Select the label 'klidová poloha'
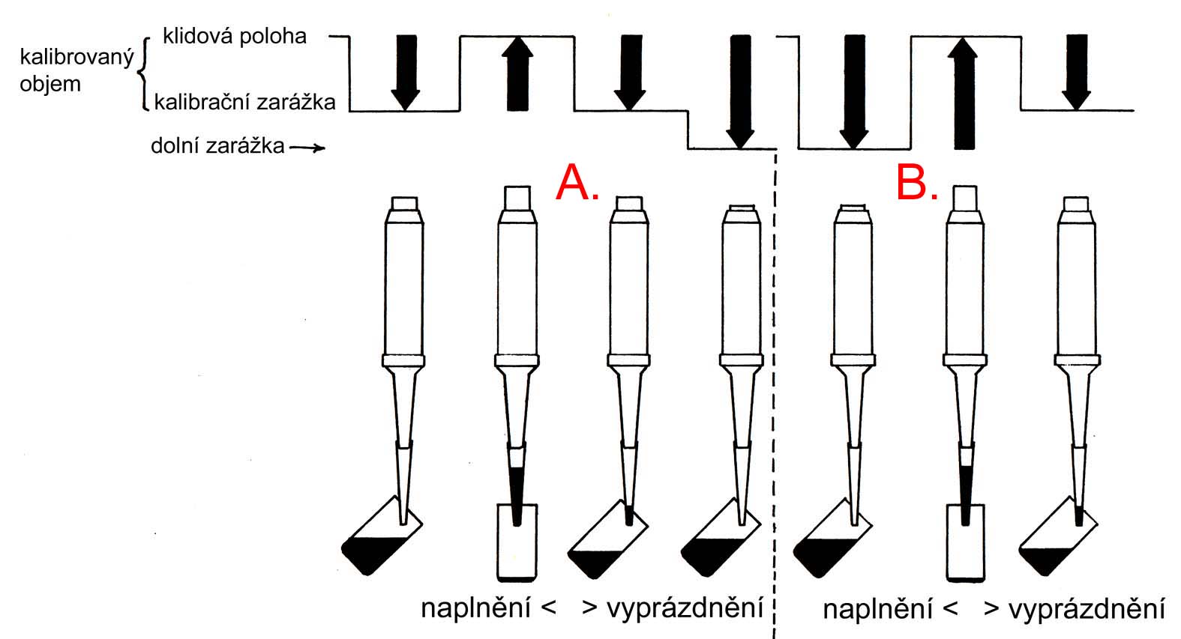234,36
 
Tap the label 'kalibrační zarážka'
244,101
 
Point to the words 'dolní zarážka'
217,145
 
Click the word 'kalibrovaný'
66,58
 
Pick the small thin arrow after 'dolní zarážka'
307,148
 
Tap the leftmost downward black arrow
405,72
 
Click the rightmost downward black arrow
1076,72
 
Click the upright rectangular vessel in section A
517,543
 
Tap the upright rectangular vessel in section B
964,543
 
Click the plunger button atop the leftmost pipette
404,203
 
